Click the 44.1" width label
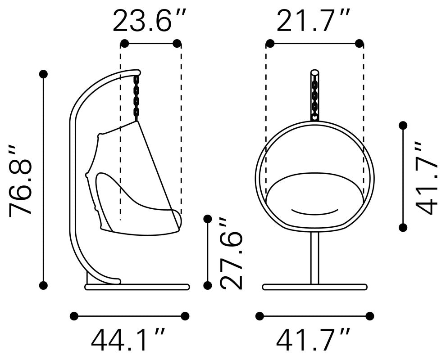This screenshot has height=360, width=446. point(128,339)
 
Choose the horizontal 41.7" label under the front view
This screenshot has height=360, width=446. point(313,339)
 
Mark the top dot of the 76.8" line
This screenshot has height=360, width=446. point(43,74)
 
